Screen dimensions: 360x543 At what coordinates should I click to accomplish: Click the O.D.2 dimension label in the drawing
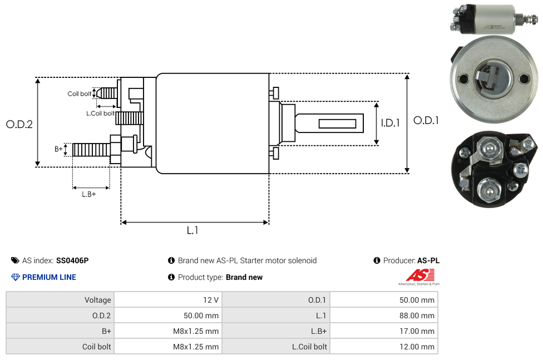coord(19,124)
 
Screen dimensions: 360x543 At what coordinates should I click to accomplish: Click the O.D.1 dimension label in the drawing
coord(426,120)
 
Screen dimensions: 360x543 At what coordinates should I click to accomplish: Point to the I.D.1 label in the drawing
coord(390,124)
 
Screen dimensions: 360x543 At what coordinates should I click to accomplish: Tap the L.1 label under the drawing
coord(192,230)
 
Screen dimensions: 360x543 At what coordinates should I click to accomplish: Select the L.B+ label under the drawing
coord(89,194)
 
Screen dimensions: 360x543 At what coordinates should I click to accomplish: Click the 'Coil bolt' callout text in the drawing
coord(80,93)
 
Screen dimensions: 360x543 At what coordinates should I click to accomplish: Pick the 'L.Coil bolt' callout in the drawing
coord(100,114)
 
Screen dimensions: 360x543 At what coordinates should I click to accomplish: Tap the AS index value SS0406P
coord(72,260)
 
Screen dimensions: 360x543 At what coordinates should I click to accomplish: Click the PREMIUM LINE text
coord(49,277)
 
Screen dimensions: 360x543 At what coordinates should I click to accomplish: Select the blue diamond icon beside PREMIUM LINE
coord(16,277)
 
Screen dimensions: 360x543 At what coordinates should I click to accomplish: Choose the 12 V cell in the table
coord(211,300)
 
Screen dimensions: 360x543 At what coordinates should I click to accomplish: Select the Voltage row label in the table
coord(98,300)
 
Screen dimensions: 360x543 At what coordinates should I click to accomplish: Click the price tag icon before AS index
coord(15,260)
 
